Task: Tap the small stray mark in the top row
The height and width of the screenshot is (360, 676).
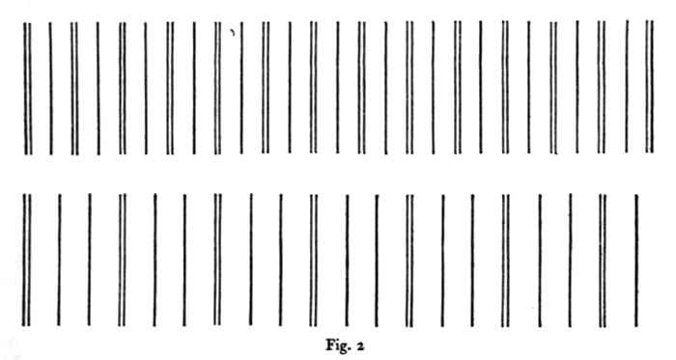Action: (233, 32)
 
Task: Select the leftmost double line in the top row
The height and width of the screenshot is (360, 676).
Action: (27, 87)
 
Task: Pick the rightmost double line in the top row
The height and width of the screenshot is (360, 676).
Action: (649, 87)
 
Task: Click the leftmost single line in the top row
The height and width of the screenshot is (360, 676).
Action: (50, 87)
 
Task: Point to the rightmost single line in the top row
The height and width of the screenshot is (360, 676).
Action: (626, 87)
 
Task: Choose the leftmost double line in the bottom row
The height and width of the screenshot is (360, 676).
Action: (27, 259)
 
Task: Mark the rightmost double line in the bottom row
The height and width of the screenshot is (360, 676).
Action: (603, 259)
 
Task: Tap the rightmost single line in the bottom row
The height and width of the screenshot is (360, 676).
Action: (636, 259)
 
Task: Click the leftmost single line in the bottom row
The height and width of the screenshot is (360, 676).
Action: (59, 259)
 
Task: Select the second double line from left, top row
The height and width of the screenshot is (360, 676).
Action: (74, 87)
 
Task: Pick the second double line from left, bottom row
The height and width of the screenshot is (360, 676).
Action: (123, 259)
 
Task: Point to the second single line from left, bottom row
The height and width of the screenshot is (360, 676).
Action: (90, 259)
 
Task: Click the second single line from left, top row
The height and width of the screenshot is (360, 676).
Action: (98, 87)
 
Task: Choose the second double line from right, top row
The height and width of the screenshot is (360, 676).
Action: (602, 87)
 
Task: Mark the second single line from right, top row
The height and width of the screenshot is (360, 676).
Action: (577, 87)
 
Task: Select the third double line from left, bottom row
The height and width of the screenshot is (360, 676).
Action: (218, 259)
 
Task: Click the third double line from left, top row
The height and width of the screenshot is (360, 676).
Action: (123, 87)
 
